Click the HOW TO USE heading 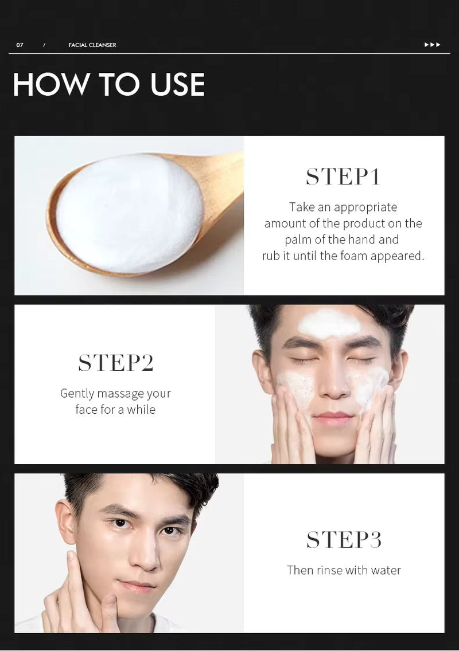click(108, 85)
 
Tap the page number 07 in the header click(20, 45)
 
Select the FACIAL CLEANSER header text click(92, 45)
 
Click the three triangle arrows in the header click(433, 45)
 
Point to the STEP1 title click(343, 177)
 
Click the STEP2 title click(115, 363)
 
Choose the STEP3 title click(344, 540)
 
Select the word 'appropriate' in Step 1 click(365, 207)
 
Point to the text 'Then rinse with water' click(344, 570)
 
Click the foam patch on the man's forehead click(329, 324)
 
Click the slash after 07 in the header click(44, 45)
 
